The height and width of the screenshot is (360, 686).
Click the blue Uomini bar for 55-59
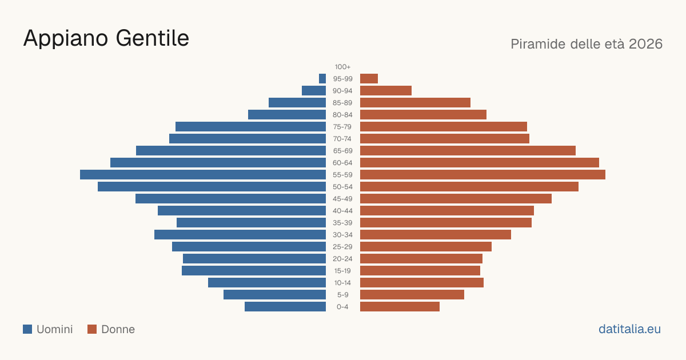tap(203, 174)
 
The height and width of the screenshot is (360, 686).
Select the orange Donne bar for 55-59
tap(482, 174)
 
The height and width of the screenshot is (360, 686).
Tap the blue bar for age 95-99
tap(322, 79)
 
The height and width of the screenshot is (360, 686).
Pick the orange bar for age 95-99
tap(369, 79)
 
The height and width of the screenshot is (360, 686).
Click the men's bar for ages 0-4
tap(285, 307)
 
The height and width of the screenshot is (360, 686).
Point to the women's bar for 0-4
tap(400, 307)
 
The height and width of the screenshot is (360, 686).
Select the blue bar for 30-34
tap(240, 235)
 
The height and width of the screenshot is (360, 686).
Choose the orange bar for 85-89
tap(415, 102)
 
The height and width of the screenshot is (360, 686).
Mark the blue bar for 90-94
tap(314, 91)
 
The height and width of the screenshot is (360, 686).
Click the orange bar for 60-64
tap(480, 162)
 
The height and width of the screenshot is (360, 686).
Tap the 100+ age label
tap(342, 67)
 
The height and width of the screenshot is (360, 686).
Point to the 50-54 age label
tap(342, 187)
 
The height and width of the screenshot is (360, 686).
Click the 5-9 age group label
tap(342, 295)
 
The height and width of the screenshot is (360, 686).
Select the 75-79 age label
tap(342, 127)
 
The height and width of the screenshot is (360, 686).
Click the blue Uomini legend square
tap(27, 329)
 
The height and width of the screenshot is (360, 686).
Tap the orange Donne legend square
tap(92, 329)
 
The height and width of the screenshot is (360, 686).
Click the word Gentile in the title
tap(153, 38)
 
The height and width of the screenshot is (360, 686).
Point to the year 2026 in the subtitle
tap(645, 44)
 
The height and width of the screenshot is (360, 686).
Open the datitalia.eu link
tap(629, 329)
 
